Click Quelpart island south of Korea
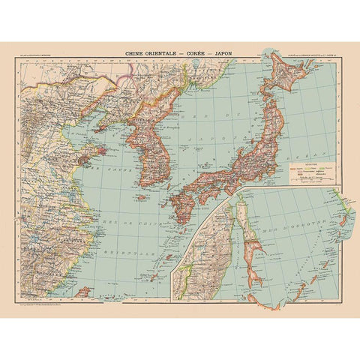(x=142, y=198)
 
